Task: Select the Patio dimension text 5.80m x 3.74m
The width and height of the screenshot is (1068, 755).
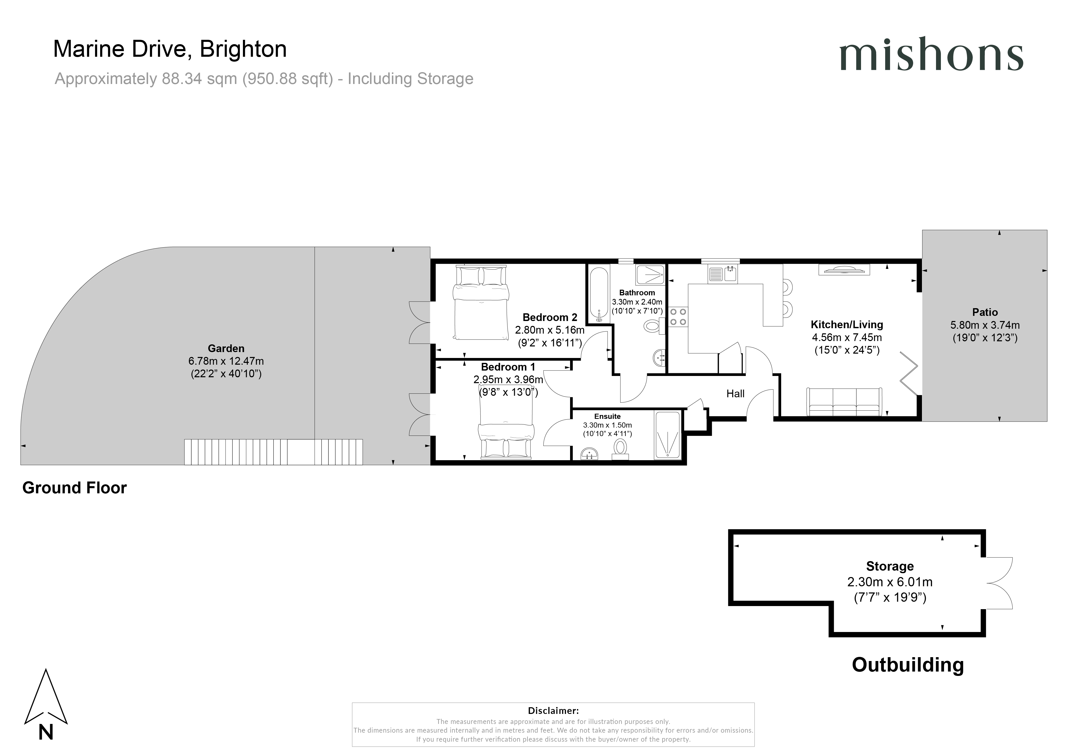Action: [x=985, y=325]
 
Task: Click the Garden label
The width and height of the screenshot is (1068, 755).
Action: [x=226, y=348]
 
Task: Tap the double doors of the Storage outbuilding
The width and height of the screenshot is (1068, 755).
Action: [x=999, y=583]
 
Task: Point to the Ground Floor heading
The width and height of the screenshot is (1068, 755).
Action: [x=74, y=488]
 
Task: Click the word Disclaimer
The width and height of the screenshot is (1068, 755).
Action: [x=553, y=710]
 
